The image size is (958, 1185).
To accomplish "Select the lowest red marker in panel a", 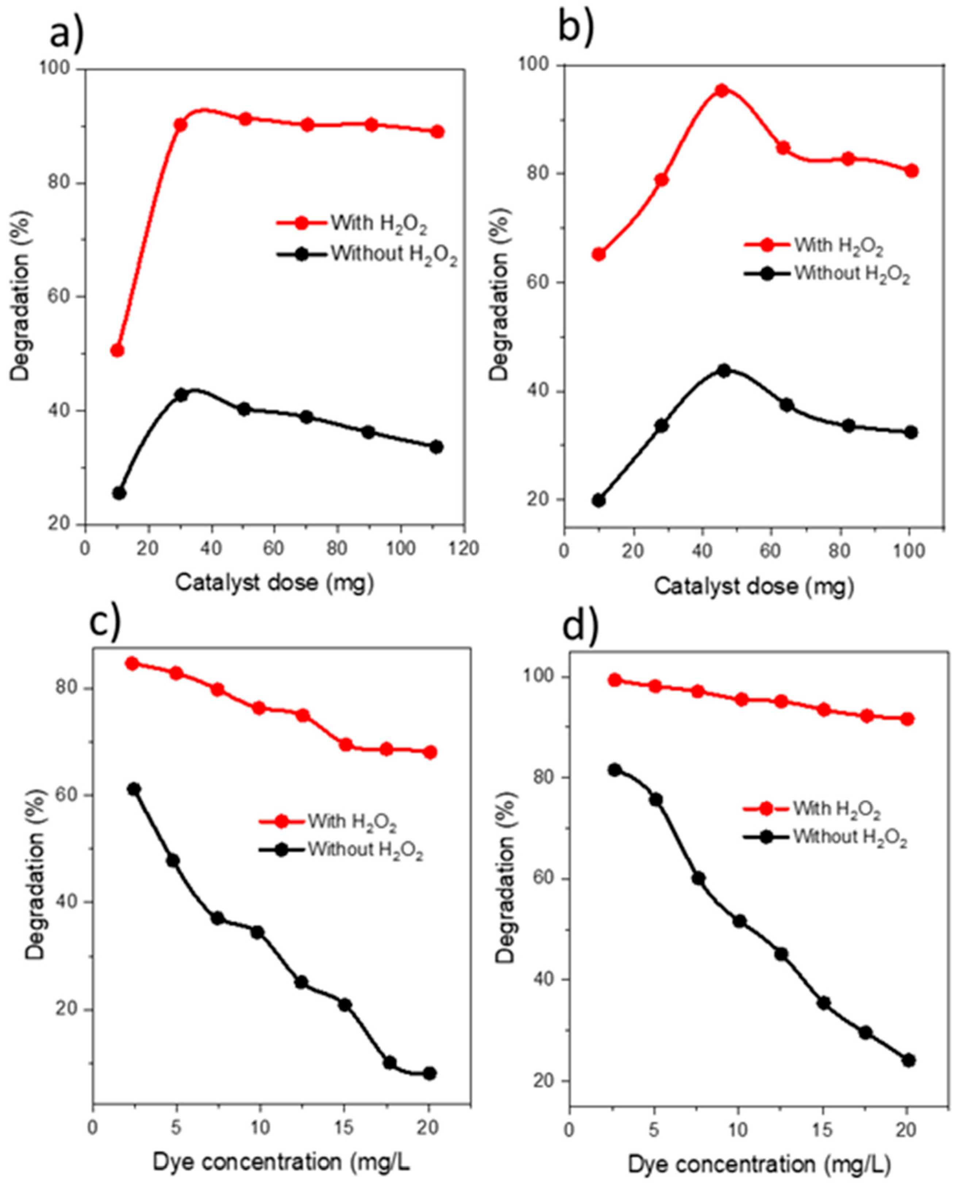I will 117,350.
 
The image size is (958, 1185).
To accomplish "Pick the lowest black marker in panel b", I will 599,500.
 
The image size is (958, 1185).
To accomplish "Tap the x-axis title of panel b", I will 754,586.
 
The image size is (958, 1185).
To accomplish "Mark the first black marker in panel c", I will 134,789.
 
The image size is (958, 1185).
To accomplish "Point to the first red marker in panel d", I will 615,680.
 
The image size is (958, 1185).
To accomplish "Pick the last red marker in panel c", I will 430,752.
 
